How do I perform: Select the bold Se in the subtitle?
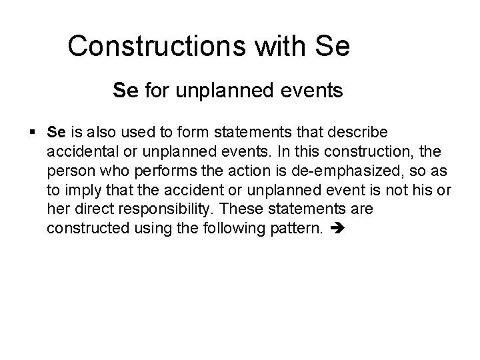pyautogui.click(x=125, y=90)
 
